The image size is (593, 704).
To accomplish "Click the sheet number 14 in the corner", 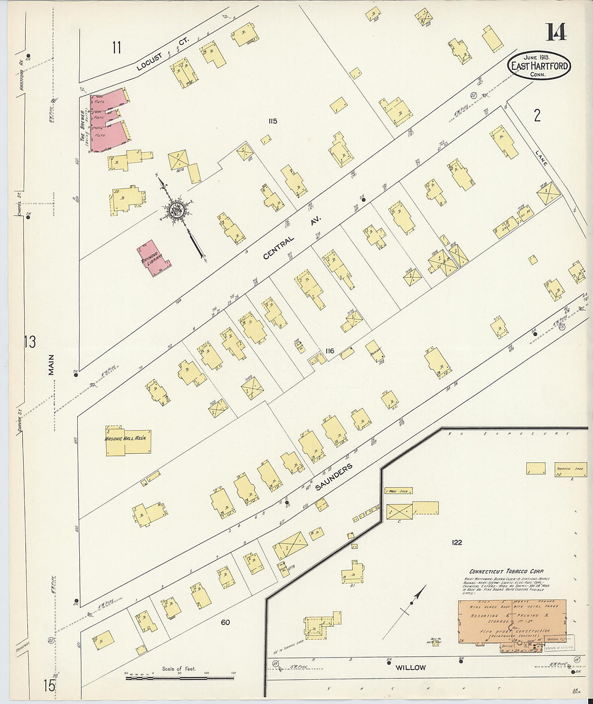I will click(556, 32).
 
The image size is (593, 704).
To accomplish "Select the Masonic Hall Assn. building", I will click(127, 440).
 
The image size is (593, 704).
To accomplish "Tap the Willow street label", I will click(411, 667).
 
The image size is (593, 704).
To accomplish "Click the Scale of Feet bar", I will click(180, 677).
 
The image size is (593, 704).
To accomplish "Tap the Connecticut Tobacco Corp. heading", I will click(506, 571).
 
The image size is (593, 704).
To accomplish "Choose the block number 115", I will click(272, 121).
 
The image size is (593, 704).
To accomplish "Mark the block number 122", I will click(457, 542).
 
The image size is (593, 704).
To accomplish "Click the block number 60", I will click(225, 622).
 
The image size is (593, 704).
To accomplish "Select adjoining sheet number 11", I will click(116, 47).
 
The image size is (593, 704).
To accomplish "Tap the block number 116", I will click(330, 351).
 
